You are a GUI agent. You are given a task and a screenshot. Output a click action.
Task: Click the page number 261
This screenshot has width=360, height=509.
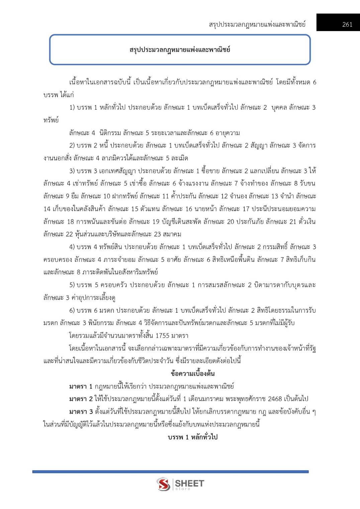(x=347, y=24)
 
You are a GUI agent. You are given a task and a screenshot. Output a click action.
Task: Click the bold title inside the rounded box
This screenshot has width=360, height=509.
(x=180, y=50)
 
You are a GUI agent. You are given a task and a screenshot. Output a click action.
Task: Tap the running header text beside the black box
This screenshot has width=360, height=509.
(x=257, y=24)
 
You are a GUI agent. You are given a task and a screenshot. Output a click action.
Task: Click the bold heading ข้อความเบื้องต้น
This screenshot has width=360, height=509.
(x=193, y=374)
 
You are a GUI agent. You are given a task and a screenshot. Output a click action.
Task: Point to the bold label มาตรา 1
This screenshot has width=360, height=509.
(x=81, y=386)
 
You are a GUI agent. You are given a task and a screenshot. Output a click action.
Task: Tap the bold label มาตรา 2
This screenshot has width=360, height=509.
(x=81, y=399)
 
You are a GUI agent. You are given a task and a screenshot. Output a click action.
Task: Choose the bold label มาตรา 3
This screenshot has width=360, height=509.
(x=81, y=411)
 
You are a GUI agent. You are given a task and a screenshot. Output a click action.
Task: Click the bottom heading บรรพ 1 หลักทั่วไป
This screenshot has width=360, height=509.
(x=193, y=437)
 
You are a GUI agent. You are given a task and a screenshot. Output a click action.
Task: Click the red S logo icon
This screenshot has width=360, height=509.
(x=164, y=484)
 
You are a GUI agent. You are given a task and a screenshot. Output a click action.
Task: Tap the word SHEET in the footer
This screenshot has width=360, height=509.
(x=189, y=483)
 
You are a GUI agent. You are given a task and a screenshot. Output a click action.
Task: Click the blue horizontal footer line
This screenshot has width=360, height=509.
(x=170, y=472)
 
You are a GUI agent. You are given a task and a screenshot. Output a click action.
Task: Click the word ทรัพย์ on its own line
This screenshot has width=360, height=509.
(x=51, y=120)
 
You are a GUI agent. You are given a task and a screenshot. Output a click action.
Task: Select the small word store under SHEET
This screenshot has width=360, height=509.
(x=183, y=489)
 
